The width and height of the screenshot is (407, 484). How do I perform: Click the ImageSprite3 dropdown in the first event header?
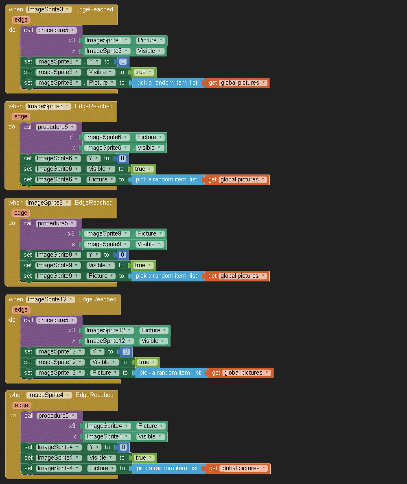pyautogui.click(x=48, y=9)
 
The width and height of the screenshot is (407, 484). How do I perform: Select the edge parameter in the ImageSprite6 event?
pyautogui.click(x=20, y=116)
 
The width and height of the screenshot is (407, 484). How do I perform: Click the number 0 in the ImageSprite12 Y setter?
pyautogui.click(x=126, y=351)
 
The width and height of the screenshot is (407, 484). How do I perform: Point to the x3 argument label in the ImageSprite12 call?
pyautogui.click(x=72, y=330)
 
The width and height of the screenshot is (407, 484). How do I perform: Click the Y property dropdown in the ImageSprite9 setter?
pyautogui.click(x=93, y=255)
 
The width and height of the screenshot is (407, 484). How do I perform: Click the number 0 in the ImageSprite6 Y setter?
pyautogui.click(x=122, y=158)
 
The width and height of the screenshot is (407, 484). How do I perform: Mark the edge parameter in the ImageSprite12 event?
pyautogui.click(x=21, y=310)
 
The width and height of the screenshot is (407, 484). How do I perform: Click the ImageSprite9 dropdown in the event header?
pyautogui.click(x=48, y=203)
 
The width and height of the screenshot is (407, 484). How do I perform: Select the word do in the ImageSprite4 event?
pyautogui.click(x=13, y=415)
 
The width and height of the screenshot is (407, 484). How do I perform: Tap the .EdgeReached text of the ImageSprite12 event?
pyautogui.click(x=97, y=299)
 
